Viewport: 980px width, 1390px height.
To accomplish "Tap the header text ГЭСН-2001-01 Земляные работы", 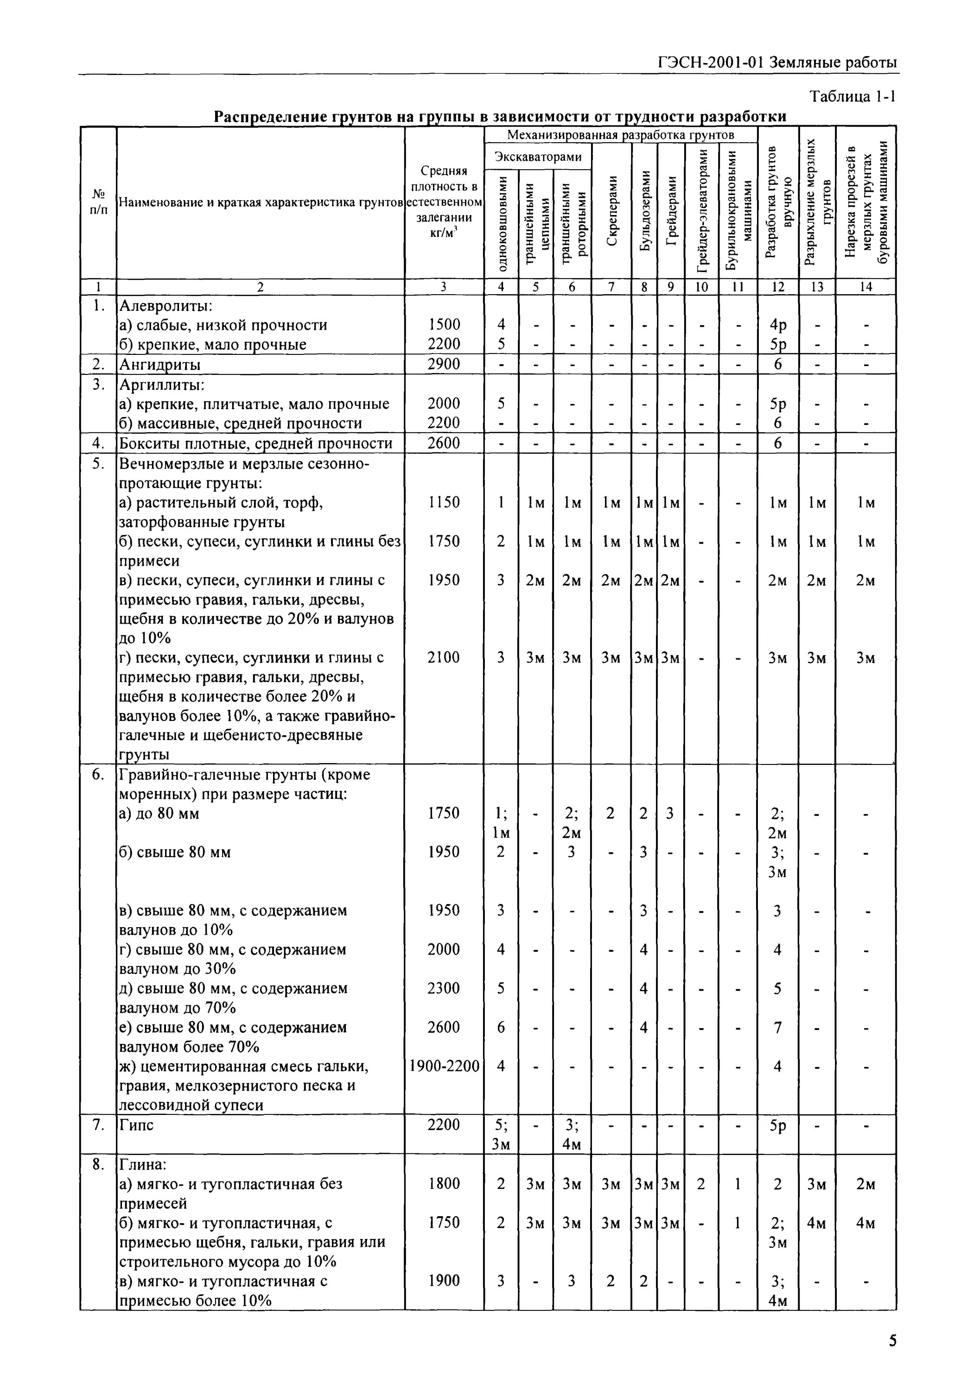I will click(x=776, y=63).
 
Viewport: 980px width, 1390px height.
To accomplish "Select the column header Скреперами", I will click(x=612, y=211).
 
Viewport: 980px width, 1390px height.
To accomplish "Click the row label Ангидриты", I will click(x=160, y=365).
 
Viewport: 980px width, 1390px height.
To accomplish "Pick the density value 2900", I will click(x=443, y=364).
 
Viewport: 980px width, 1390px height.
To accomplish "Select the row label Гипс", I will click(x=137, y=1125).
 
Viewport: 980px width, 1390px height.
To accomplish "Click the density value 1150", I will click(x=443, y=502).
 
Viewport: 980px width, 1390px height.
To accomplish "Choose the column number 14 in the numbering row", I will click(x=865, y=287).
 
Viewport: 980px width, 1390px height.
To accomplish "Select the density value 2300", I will click(x=443, y=988).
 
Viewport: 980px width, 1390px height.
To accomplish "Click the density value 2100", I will click(x=443, y=657).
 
